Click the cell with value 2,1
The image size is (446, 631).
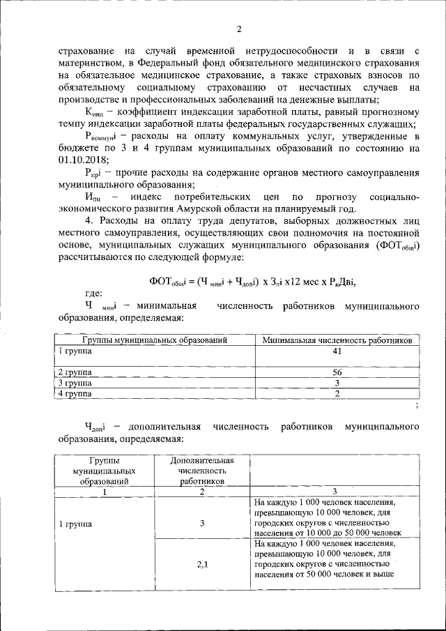[x=201, y=564]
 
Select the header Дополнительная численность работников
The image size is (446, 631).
[x=201, y=471]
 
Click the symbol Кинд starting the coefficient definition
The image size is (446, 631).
[x=94, y=113]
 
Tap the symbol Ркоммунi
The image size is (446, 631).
[x=102, y=136]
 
